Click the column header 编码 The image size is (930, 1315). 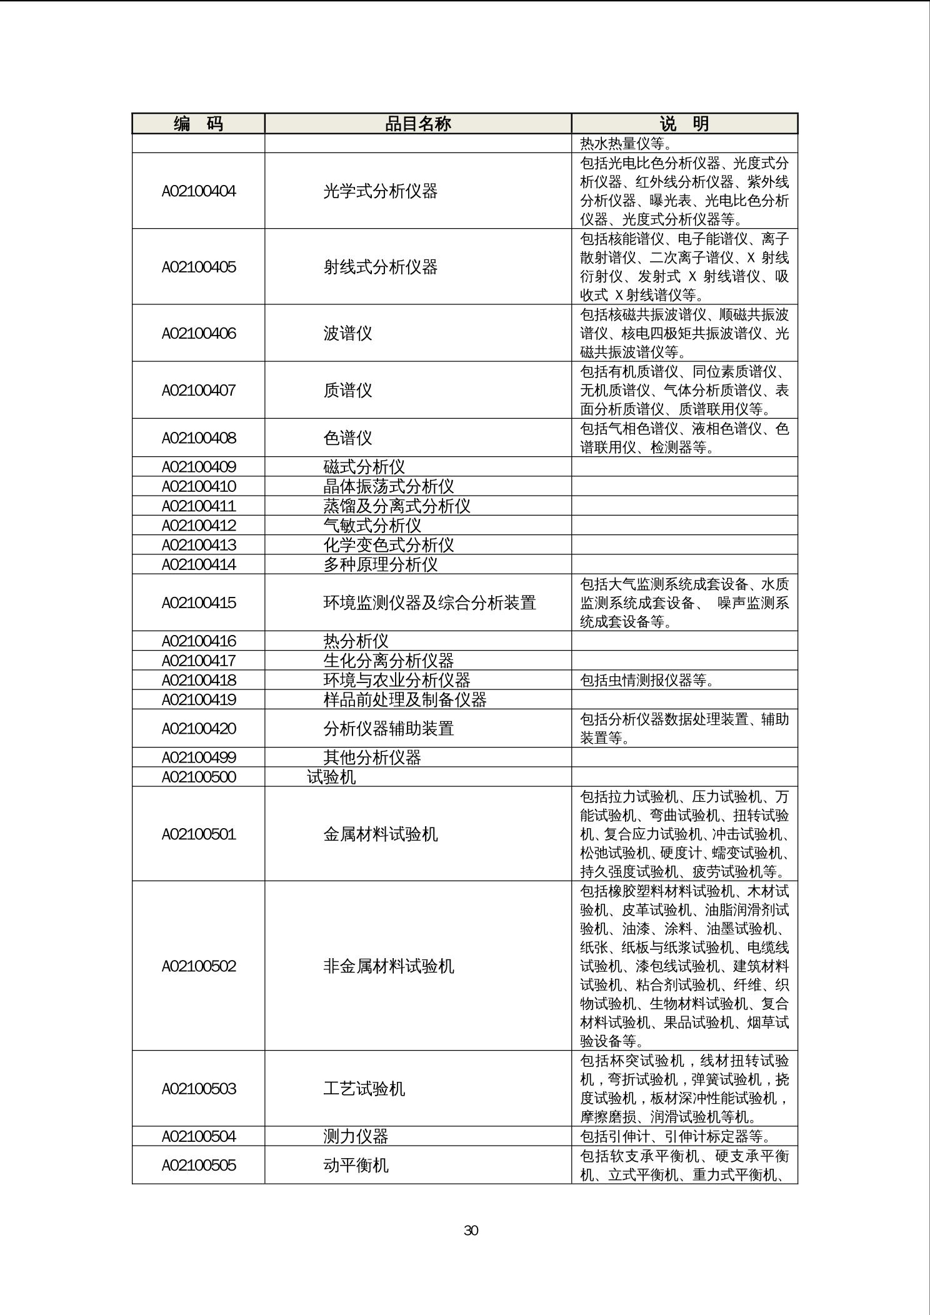pyautogui.click(x=198, y=124)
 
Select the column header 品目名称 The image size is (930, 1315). pyautogui.click(x=417, y=124)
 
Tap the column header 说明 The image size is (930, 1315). pyautogui.click(x=684, y=124)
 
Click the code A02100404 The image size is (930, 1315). pyautogui.click(x=199, y=191)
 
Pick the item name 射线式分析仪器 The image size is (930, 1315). pyautogui.click(x=380, y=267)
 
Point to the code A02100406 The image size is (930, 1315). pyautogui.click(x=199, y=333)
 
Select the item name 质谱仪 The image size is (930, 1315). pyautogui.click(x=347, y=391)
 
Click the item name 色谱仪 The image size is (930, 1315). pyautogui.click(x=347, y=438)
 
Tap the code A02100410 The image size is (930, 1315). pyautogui.click(x=199, y=486)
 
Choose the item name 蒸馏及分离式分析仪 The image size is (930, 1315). pyautogui.click(x=396, y=506)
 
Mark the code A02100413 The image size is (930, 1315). pyautogui.click(x=199, y=545)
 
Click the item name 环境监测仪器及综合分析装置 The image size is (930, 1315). pyautogui.click(x=429, y=603)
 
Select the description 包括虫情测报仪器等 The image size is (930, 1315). pyautogui.click(x=647, y=680)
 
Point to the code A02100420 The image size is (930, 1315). pyautogui.click(x=199, y=729)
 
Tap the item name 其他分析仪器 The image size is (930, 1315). pyautogui.click(x=372, y=757)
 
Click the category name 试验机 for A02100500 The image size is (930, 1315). pyautogui.click(x=331, y=777)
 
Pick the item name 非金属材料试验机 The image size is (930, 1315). pyautogui.click(x=388, y=966)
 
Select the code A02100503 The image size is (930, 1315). pyautogui.click(x=199, y=1089)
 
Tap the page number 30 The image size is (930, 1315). pyautogui.click(x=471, y=1230)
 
